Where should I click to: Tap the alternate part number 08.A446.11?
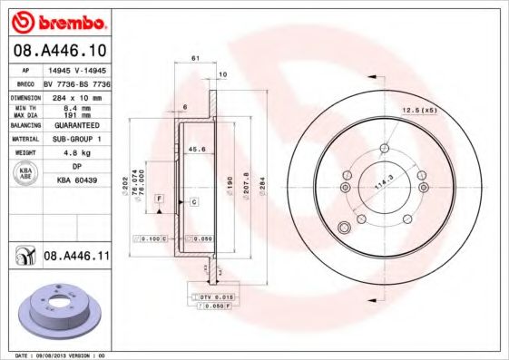click(76, 258)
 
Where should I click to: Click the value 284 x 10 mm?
click(76, 96)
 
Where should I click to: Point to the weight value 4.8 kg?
click(76, 153)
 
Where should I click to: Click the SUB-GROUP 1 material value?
click(76, 140)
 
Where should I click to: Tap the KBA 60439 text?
click(76, 180)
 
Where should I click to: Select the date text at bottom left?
click(60, 355)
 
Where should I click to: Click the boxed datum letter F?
click(159, 198)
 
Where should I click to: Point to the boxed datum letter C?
click(193, 201)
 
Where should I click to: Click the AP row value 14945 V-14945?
click(76, 69)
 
